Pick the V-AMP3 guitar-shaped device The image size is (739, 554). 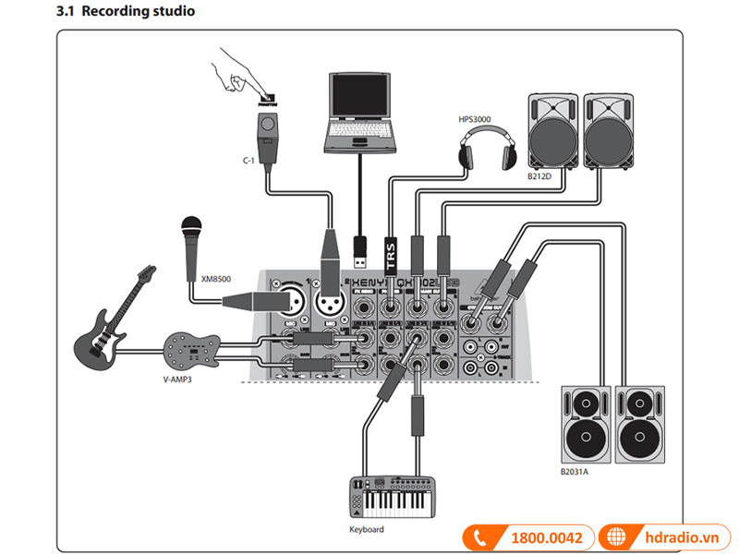pos(191,348)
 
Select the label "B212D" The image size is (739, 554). pos(539,175)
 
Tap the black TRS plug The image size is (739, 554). pos(390,259)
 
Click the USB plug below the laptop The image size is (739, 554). pos(358,247)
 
